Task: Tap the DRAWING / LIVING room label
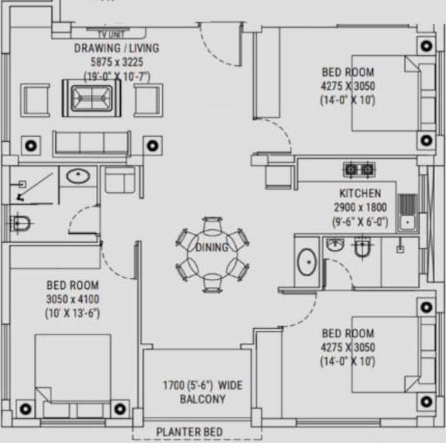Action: [116, 48]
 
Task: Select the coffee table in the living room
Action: [91, 97]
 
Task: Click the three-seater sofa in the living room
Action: [91, 143]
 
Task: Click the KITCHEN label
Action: [359, 193]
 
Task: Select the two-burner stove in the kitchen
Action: [359, 170]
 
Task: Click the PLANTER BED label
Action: [189, 431]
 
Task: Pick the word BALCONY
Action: [202, 399]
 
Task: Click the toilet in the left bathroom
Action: [21, 223]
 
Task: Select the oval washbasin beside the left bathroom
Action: [77, 175]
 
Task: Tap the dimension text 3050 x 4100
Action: [72, 299]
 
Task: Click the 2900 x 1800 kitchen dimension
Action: [359, 207]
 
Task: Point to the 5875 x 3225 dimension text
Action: [116, 62]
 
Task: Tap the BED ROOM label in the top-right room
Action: [347, 73]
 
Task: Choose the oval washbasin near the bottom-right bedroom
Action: [306, 262]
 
